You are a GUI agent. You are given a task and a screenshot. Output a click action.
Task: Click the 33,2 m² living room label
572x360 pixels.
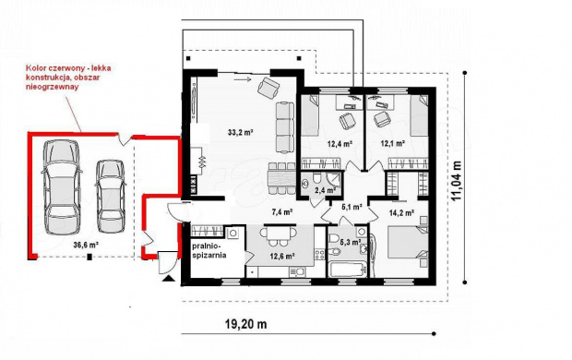pyautogui.click(x=241, y=133)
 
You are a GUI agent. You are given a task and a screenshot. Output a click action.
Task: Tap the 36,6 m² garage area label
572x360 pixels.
pyautogui.click(x=87, y=245)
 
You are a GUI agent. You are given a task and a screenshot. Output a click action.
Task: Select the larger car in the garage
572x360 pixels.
pyautogui.click(x=62, y=187)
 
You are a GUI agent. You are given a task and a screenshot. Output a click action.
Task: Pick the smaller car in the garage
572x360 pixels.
pyautogui.click(x=111, y=196)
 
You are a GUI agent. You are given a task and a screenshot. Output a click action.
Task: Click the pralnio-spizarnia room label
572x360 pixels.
pyautogui.click(x=209, y=251)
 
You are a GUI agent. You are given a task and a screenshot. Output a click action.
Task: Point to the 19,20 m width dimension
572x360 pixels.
pyautogui.click(x=246, y=324)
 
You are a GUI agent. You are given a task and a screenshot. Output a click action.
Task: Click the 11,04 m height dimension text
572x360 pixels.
pyautogui.click(x=456, y=180)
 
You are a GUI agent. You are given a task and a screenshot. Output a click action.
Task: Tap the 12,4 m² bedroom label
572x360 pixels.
pyautogui.click(x=340, y=144)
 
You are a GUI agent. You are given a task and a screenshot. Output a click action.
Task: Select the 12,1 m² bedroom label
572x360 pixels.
pyautogui.click(x=393, y=144)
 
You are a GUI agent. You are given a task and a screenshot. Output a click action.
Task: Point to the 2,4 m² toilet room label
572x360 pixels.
pyautogui.click(x=325, y=190)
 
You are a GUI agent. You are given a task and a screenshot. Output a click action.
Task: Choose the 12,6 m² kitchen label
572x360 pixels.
pyautogui.click(x=282, y=257)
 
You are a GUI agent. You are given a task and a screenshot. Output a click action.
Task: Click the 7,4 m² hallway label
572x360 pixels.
pyautogui.click(x=282, y=211)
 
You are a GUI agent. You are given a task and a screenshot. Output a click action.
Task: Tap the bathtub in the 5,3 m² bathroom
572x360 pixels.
pyautogui.click(x=348, y=270)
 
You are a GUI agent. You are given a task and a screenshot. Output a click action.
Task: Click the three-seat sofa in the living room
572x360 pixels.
pyautogui.click(x=285, y=127)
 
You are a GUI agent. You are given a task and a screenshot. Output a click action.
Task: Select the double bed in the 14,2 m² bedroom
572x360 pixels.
pyautogui.click(x=408, y=242)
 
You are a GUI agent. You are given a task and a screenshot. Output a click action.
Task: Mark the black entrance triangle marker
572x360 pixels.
pyautogui.click(x=168, y=279)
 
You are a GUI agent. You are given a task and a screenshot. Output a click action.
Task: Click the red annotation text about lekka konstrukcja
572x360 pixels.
pyautogui.click(x=68, y=78)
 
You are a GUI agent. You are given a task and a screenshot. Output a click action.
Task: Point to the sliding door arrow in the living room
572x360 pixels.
pyautogui.click(x=243, y=78)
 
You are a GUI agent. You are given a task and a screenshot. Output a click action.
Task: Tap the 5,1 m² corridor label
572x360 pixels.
pyautogui.click(x=352, y=207)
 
